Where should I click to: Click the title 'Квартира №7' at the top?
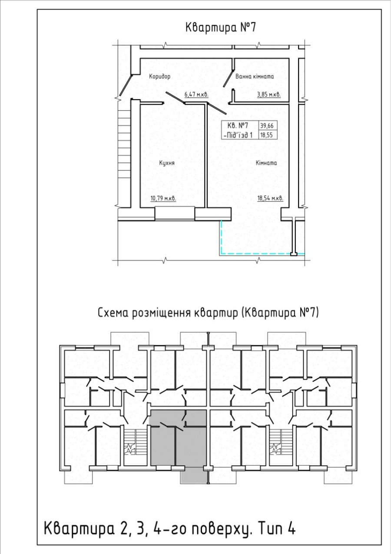click(220, 28)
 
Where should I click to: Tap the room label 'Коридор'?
click(160, 77)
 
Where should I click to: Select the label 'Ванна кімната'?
click(255, 76)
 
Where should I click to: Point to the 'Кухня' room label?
click(167, 163)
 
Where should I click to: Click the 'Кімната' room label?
click(266, 163)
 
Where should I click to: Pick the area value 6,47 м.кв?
click(196, 94)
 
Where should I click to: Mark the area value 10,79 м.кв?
click(163, 198)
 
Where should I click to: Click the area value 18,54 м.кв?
click(270, 198)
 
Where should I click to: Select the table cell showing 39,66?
click(267, 126)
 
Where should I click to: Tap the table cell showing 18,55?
click(267, 135)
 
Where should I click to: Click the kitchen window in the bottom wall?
click(175, 214)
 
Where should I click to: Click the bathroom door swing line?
click(229, 78)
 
